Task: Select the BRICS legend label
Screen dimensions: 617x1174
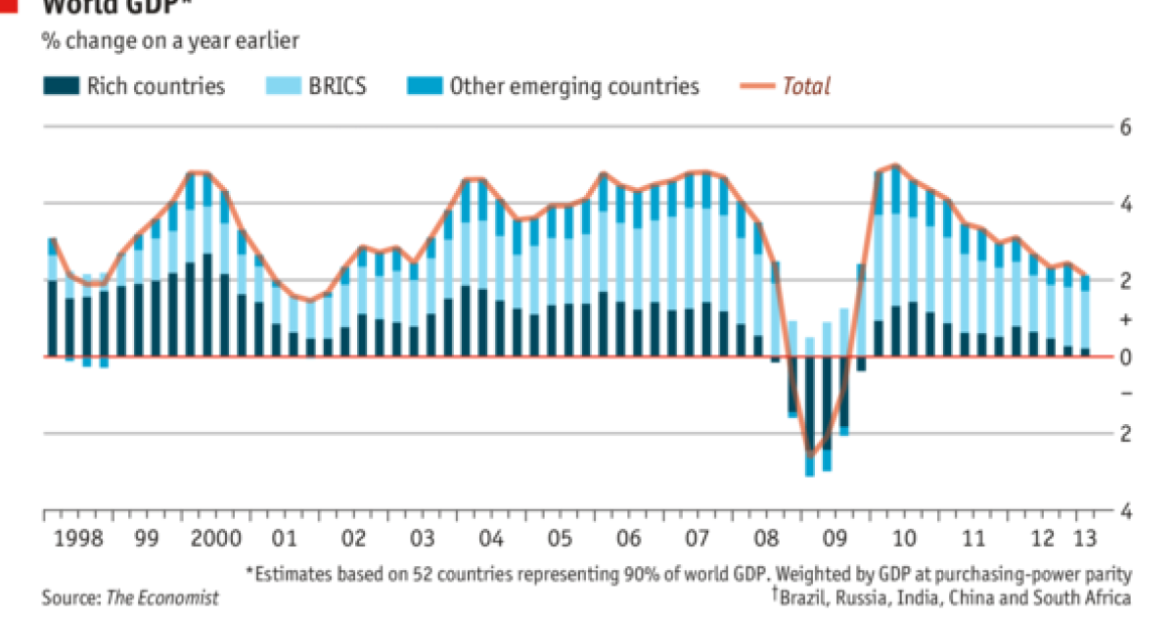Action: pos(339,86)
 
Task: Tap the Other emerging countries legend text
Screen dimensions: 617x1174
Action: pos(574,86)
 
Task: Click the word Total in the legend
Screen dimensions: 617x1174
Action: pos(806,86)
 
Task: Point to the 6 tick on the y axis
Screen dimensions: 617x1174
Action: pos(1125,128)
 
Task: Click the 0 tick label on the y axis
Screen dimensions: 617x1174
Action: pos(1125,357)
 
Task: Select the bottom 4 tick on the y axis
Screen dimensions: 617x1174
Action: pos(1125,512)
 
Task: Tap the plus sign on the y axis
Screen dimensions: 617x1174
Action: pos(1125,320)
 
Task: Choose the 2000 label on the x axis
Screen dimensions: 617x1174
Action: pos(216,539)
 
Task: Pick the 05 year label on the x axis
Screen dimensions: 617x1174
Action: pos(560,539)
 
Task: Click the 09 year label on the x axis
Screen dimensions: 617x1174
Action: pos(834,539)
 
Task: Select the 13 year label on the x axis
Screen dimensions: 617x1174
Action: pos(1083,539)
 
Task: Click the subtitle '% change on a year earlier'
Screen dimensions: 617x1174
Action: pos(169,41)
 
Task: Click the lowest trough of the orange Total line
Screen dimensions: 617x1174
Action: pos(809,455)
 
